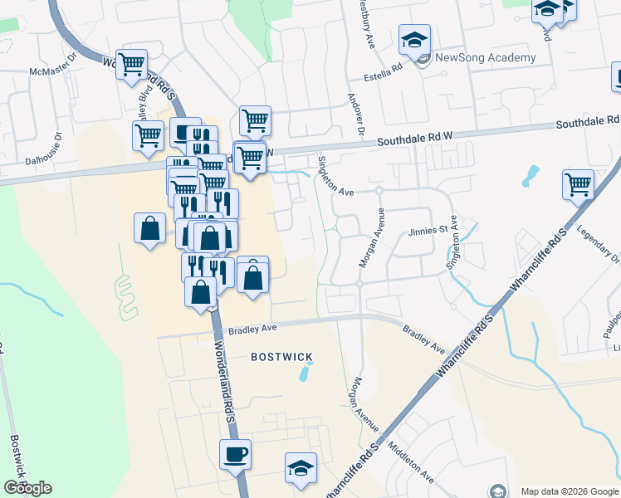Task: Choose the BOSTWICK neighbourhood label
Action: click(x=281, y=357)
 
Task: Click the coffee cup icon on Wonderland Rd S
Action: click(x=235, y=454)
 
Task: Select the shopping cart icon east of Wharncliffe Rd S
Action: click(x=578, y=184)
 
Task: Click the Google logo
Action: click(x=27, y=488)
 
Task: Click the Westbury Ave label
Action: click(x=364, y=17)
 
